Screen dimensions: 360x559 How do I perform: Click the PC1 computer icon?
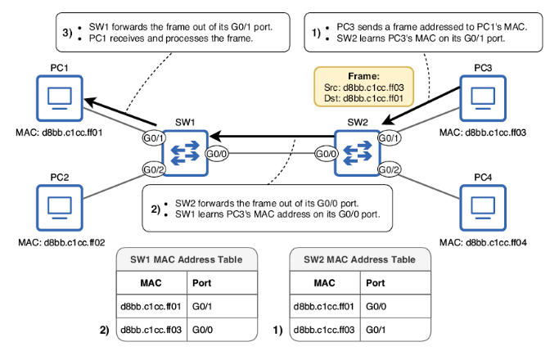pyautogui.click(x=59, y=99)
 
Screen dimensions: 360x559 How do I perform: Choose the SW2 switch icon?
pyautogui.click(x=358, y=153)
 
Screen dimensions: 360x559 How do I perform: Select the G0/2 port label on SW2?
pyautogui.click(x=390, y=169)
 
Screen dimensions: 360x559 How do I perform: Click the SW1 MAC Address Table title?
pyautogui.click(x=187, y=259)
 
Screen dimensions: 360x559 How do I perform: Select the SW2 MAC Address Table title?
pyautogui.click(x=360, y=259)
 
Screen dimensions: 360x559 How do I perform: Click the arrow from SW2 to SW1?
pyautogui.click(x=270, y=137)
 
